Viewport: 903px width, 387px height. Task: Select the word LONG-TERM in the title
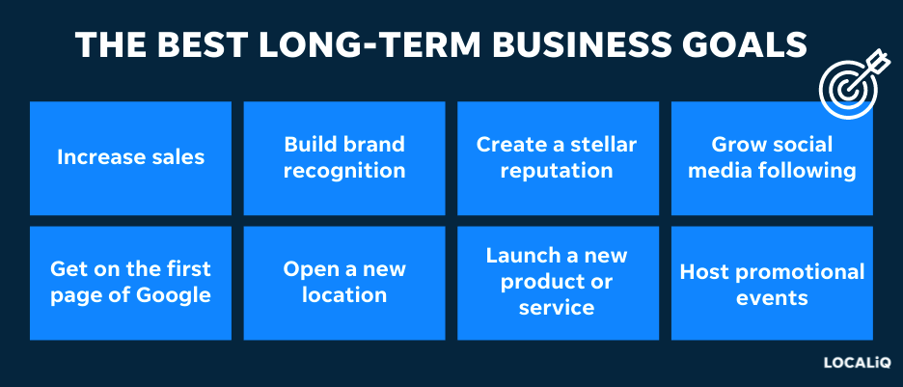coord(370,45)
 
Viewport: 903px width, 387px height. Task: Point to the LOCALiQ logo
coord(857,363)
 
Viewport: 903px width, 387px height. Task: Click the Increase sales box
coord(131,158)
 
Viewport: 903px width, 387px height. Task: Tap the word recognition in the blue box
coord(344,171)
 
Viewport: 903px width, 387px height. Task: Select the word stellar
coord(604,144)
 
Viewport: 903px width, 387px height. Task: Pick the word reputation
coord(557,171)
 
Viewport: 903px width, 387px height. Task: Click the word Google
coord(174,295)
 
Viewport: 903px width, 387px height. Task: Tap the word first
coord(188,269)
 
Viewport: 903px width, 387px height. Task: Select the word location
coord(344,295)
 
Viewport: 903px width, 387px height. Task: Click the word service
coord(557,308)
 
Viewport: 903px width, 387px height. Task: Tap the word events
coord(772,298)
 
